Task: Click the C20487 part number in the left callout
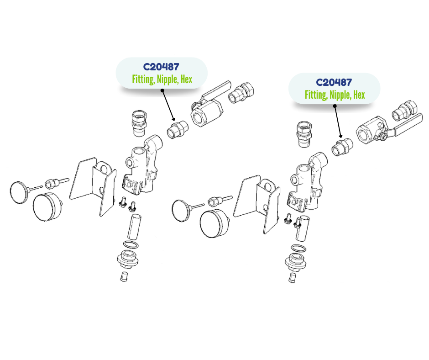(x=161, y=67)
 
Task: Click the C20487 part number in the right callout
(x=334, y=83)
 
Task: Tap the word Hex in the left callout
(x=186, y=79)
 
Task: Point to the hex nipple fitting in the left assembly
(x=178, y=129)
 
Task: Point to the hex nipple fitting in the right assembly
(x=342, y=147)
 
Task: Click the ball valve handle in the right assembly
(x=405, y=126)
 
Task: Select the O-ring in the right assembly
(x=298, y=248)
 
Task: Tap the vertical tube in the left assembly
(x=134, y=227)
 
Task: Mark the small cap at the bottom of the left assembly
(x=124, y=276)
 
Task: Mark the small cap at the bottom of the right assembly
(x=292, y=277)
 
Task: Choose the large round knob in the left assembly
(x=47, y=207)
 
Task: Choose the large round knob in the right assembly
(x=214, y=224)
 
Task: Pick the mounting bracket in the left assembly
(x=93, y=186)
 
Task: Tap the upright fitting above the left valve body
(x=140, y=123)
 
